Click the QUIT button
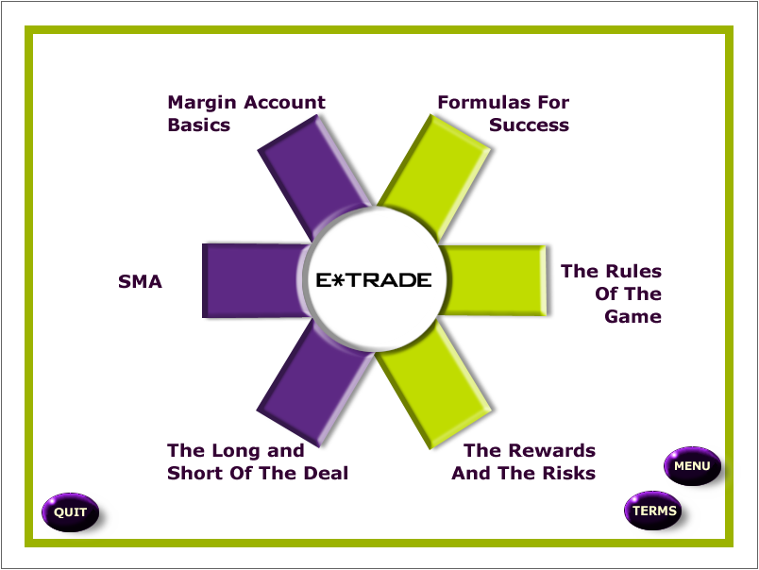point(71,511)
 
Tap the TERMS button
point(653,511)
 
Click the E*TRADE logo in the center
point(374,280)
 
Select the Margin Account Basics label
point(246,113)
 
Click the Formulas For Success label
point(503,113)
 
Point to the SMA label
point(140,281)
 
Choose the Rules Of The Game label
point(612,293)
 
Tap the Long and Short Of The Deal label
point(258,462)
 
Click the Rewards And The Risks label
point(523,462)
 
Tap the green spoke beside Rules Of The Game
point(494,280)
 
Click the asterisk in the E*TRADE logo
point(337,280)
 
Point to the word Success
point(529,125)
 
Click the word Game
point(633,316)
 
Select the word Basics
point(199,125)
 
